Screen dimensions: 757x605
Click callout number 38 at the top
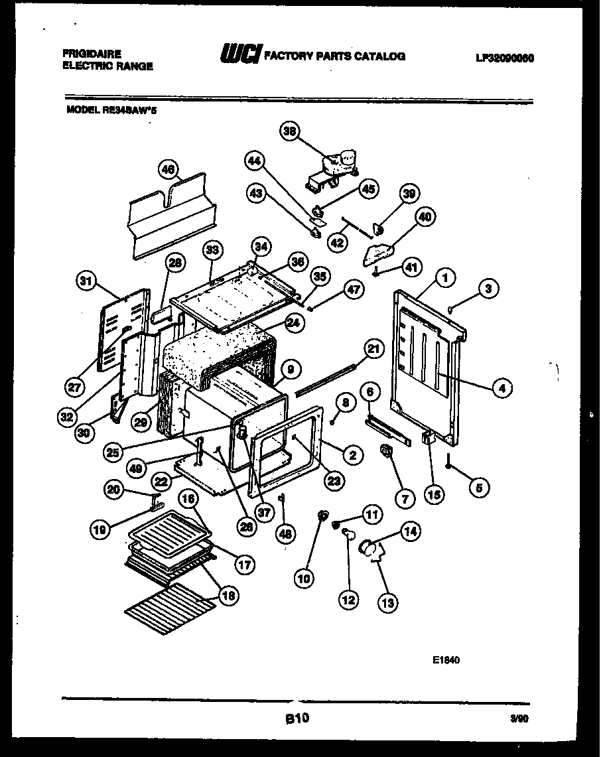[x=289, y=131]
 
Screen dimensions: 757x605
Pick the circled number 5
[x=480, y=488]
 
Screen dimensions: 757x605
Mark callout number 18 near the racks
[x=227, y=596]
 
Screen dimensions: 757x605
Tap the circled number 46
[x=168, y=171]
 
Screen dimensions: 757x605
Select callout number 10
[x=304, y=579]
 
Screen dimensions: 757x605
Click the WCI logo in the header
[x=239, y=56]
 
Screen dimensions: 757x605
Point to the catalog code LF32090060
[x=504, y=58]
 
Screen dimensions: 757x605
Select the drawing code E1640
[x=446, y=660]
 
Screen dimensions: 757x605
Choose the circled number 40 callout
[x=425, y=217]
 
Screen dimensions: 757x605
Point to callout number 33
[x=212, y=251]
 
